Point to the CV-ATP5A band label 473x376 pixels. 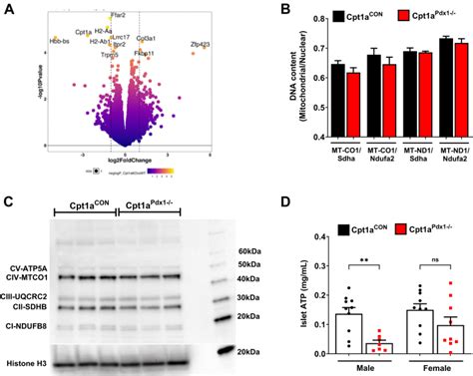31,267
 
